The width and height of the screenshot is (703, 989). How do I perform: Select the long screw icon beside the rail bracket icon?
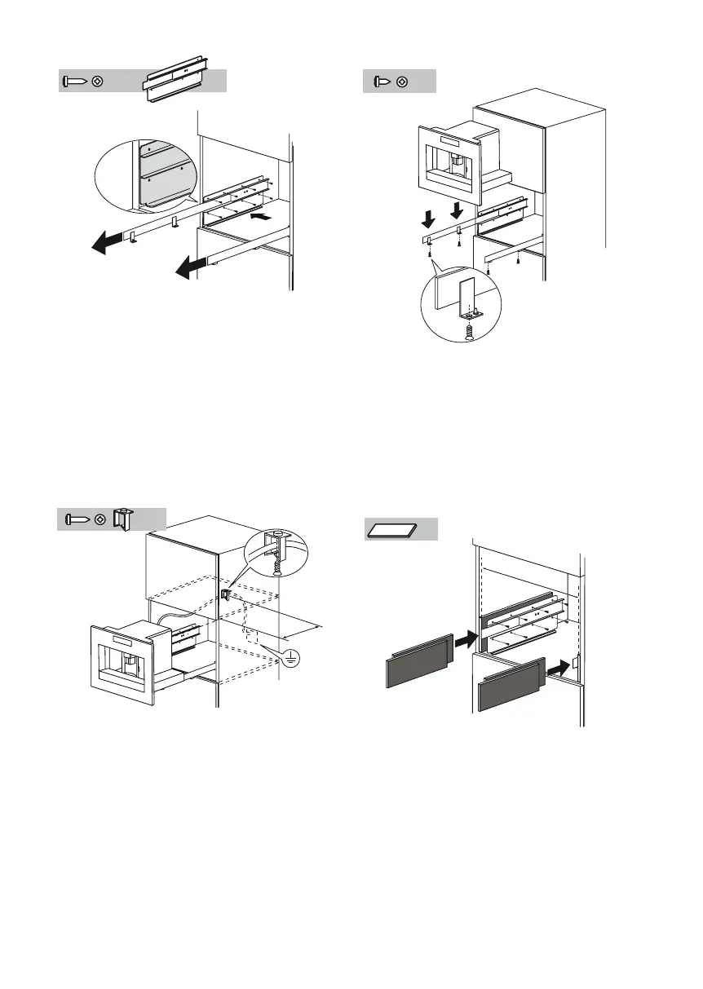pyautogui.click(x=76, y=82)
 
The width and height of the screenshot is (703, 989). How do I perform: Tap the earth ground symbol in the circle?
pyautogui.click(x=288, y=661)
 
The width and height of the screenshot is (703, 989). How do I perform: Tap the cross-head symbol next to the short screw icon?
pyautogui.click(x=402, y=82)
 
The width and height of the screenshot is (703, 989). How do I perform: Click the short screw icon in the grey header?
pyautogui.click(x=381, y=82)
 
